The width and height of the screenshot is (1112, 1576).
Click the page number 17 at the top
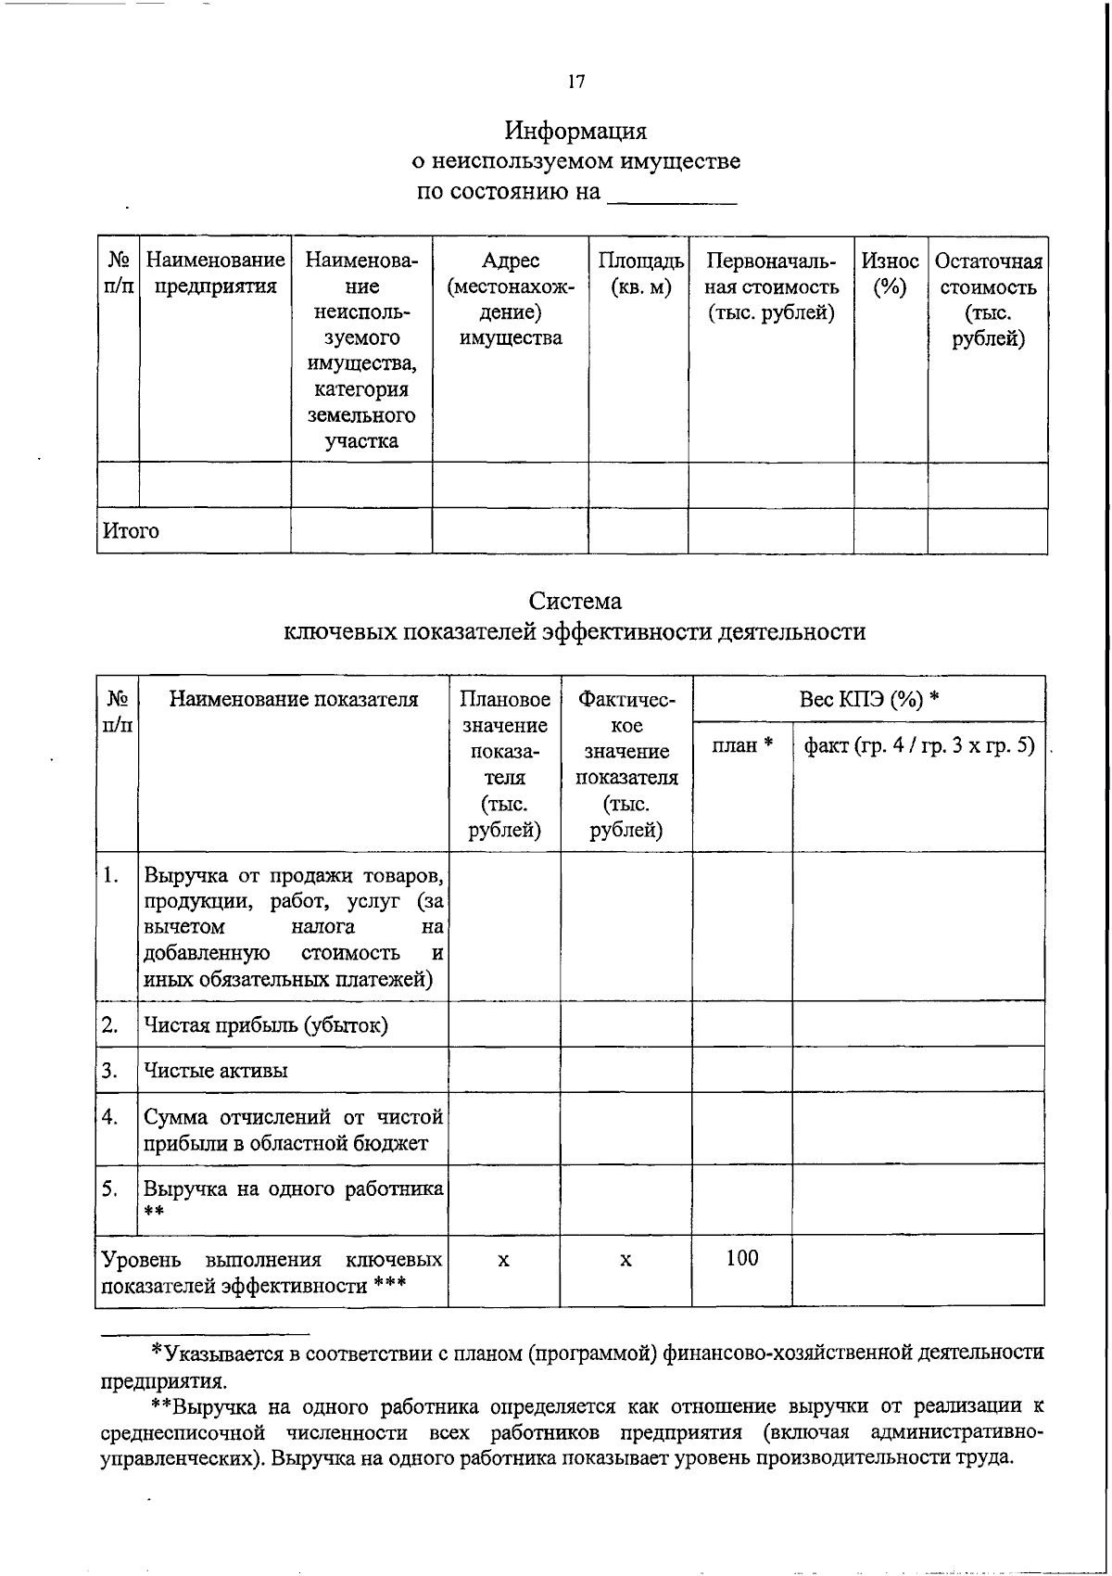tap(575, 83)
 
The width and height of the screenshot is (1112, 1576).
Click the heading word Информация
tap(575, 130)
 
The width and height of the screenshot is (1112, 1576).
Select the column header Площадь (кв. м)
tap(640, 274)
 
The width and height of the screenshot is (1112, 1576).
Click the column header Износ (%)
tap(890, 274)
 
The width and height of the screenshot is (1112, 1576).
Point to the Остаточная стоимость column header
tap(988, 299)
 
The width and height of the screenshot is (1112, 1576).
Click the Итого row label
tap(131, 531)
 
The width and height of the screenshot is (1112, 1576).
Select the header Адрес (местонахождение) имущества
tap(510, 299)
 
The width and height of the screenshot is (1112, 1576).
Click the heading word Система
tap(575, 601)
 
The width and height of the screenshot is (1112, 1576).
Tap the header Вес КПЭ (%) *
tap(869, 699)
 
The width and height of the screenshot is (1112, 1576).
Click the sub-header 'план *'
tap(742, 745)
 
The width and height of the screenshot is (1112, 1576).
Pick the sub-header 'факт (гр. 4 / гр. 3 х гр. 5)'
tap(918, 745)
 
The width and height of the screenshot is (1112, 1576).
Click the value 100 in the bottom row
tap(742, 1258)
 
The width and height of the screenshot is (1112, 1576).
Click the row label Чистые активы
tap(215, 1071)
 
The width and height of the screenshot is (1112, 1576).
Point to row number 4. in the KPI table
tap(111, 1117)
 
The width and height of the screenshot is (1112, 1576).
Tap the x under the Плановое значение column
tap(503, 1261)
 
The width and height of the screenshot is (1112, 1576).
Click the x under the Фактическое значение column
tap(626, 1261)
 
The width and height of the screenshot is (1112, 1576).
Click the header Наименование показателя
tap(293, 700)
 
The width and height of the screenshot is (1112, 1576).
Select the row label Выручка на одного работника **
tap(293, 1189)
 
